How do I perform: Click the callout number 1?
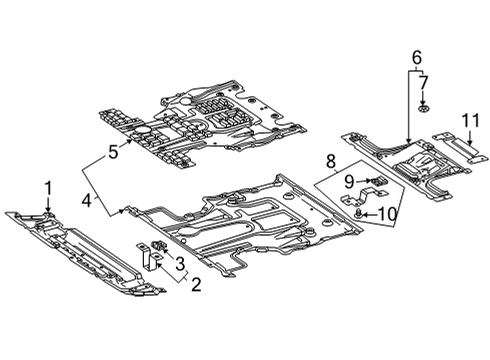(x=49, y=188)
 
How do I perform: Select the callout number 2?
(x=196, y=284)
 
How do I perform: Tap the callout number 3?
(x=180, y=263)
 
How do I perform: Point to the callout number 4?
(x=87, y=200)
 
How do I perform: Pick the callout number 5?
(x=113, y=152)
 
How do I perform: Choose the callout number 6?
(x=417, y=57)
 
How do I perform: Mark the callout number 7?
(x=423, y=82)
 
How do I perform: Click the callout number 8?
(x=330, y=161)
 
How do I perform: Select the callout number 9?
(x=349, y=182)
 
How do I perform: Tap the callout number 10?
(x=388, y=214)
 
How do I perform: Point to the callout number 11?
(x=471, y=120)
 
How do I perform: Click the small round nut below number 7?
(x=423, y=109)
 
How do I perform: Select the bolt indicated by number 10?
(x=359, y=213)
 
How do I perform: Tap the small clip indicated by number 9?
(x=377, y=181)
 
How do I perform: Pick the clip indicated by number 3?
(x=158, y=246)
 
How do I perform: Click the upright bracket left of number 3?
(x=148, y=256)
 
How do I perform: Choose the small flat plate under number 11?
(x=457, y=147)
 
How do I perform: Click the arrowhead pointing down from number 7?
(x=423, y=103)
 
